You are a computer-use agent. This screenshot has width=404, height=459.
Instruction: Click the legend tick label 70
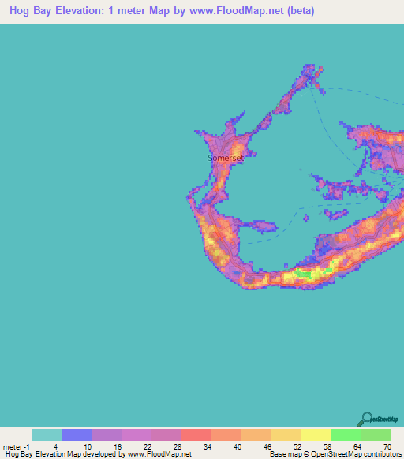pyautogui.click(x=387, y=446)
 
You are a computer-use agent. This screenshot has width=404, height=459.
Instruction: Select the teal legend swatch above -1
pyautogui.click(x=47, y=435)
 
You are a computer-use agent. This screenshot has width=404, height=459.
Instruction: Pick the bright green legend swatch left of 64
pyautogui.click(x=346, y=435)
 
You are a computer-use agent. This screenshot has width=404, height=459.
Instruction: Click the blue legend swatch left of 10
pyautogui.click(x=77, y=435)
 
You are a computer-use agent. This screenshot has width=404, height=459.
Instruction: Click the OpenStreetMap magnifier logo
pyautogui.click(x=366, y=418)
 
